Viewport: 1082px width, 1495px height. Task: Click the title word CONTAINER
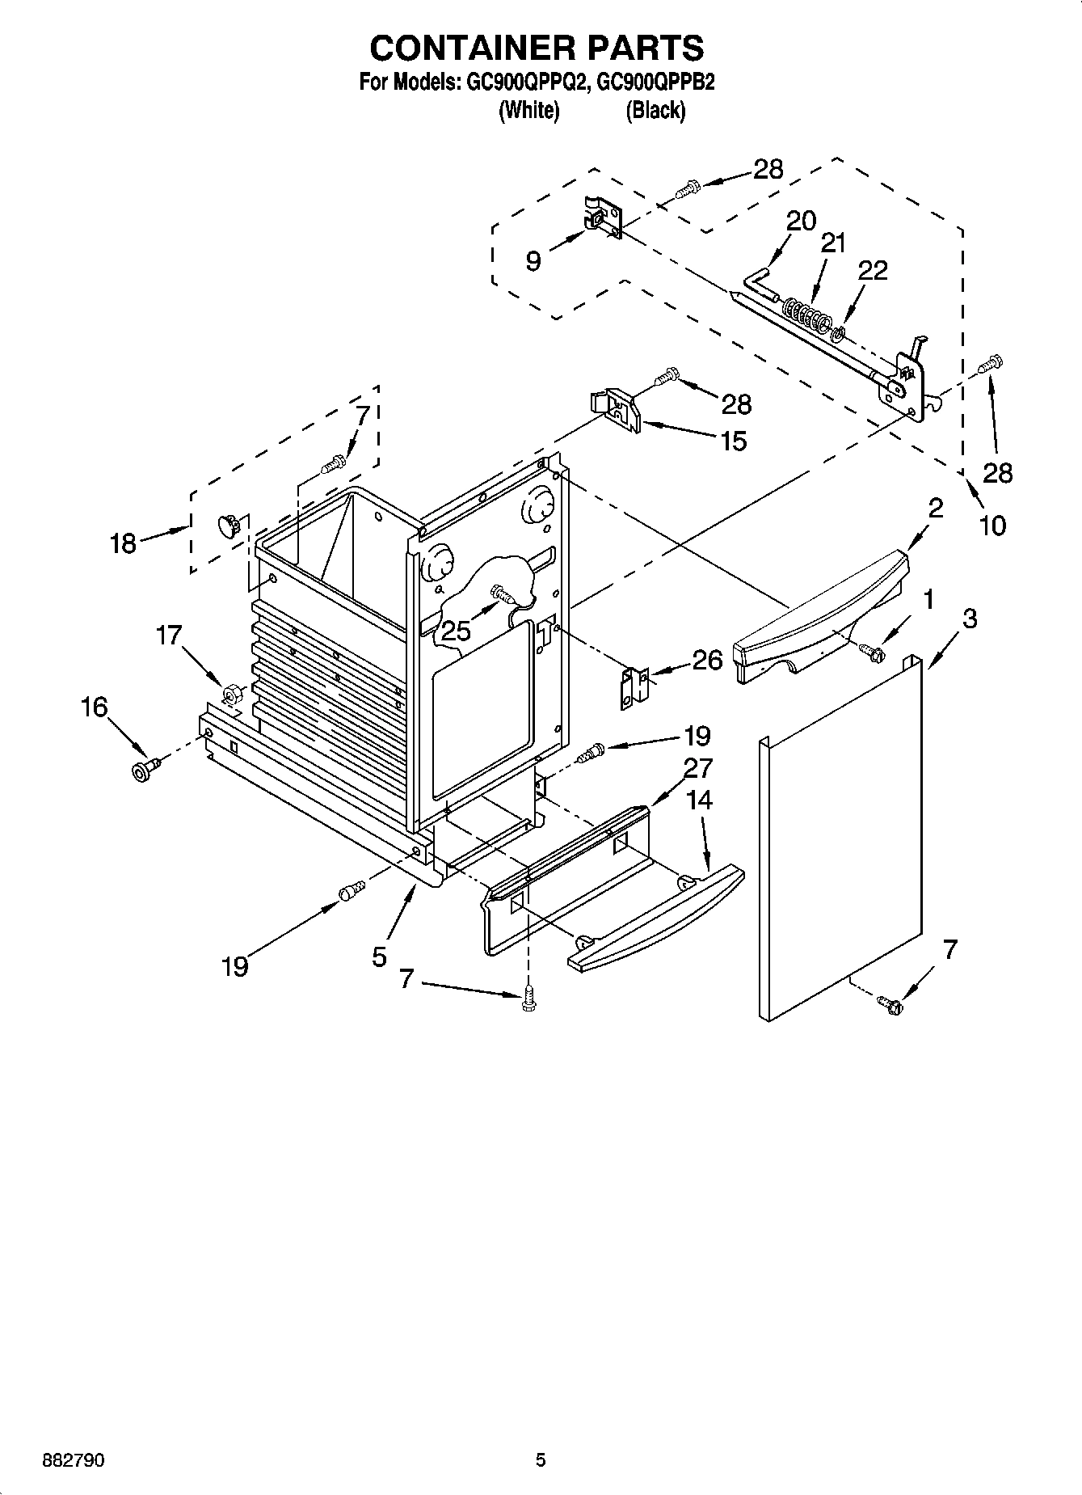pos(460,48)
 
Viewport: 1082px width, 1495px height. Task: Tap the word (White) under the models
pos(529,111)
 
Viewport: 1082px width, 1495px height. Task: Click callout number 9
pos(533,261)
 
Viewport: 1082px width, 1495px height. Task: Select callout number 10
pos(992,526)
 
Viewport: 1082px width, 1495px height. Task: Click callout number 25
pos(456,631)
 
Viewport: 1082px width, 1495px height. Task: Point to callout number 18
pos(123,543)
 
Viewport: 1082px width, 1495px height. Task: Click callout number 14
pos(699,800)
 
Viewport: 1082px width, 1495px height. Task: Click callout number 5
pos(380,957)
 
